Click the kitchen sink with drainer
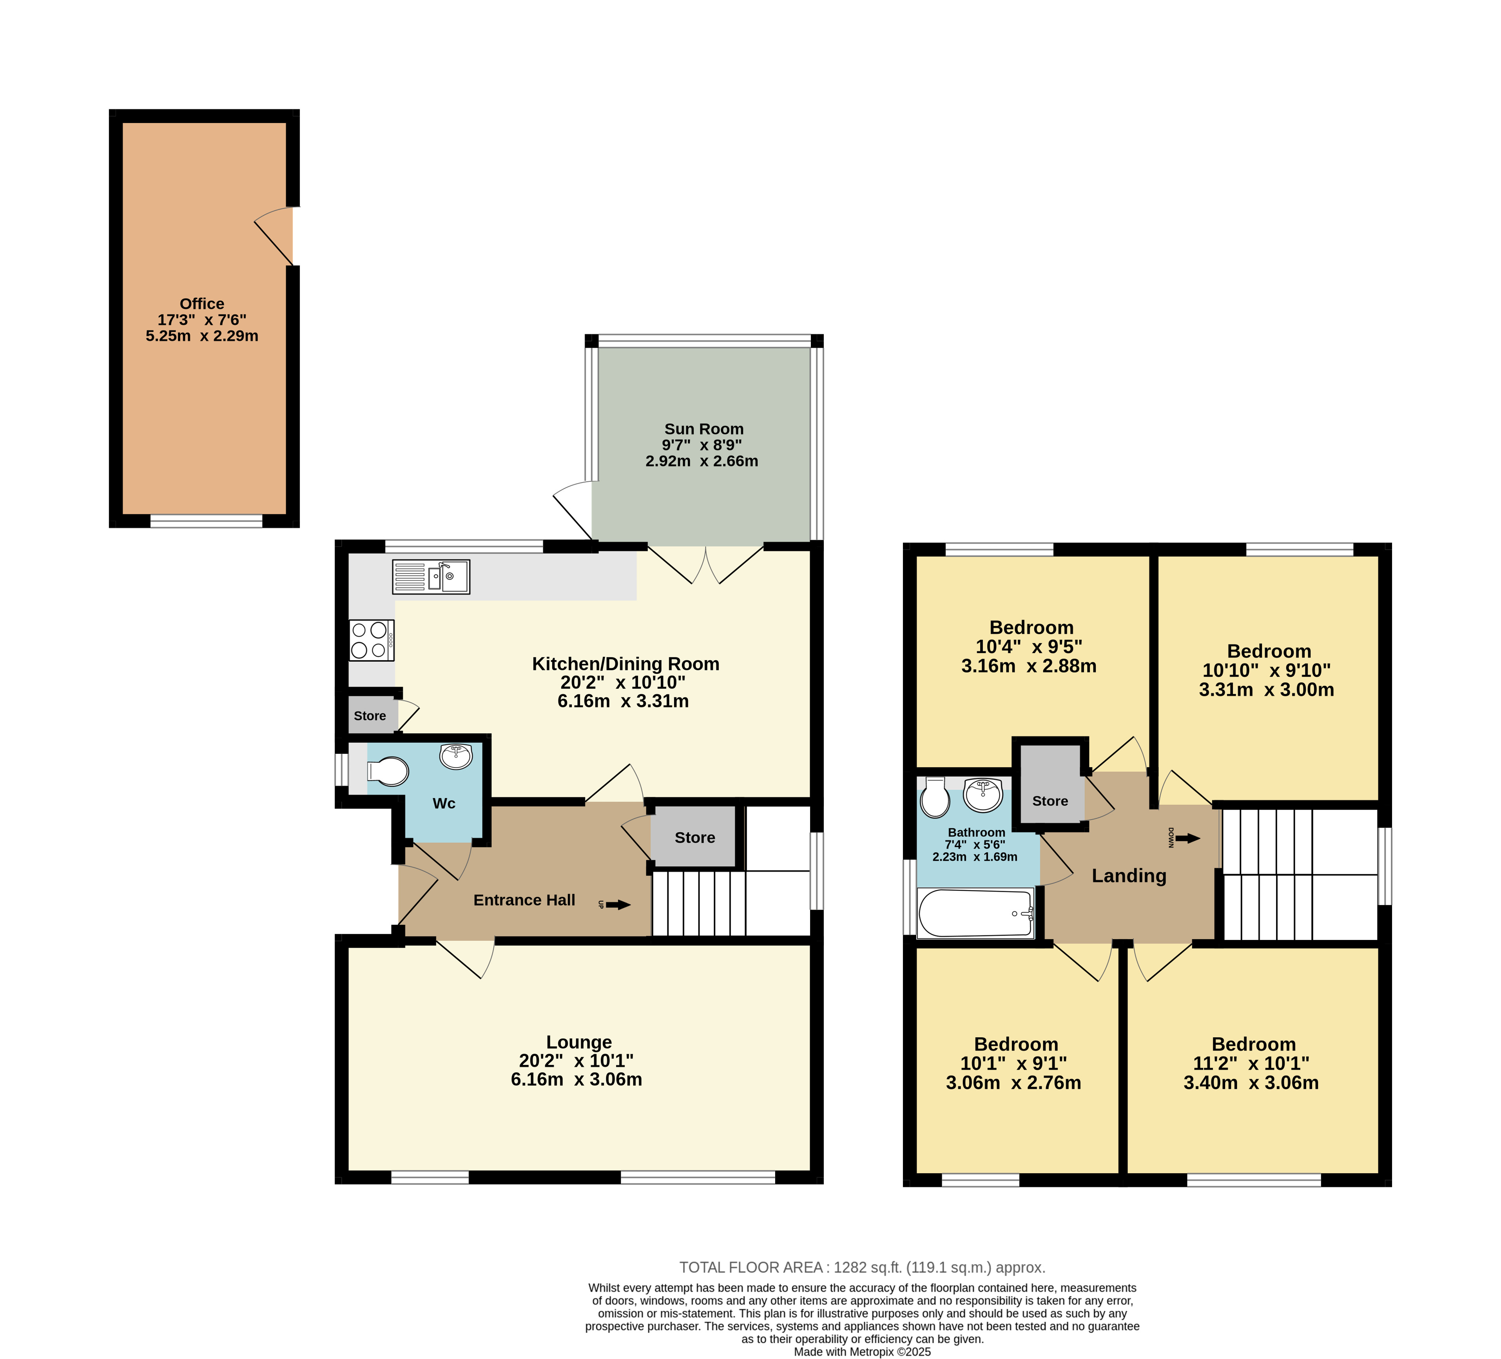(x=431, y=577)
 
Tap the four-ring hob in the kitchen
(x=372, y=640)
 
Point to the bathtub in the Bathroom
(x=976, y=913)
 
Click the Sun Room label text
(x=703, y=429)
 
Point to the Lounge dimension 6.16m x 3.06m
(x=576, y=1080)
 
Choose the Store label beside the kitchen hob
(x=370, y=716)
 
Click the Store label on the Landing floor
(x=1050, y=801)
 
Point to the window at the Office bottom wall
(x=206, y=521)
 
